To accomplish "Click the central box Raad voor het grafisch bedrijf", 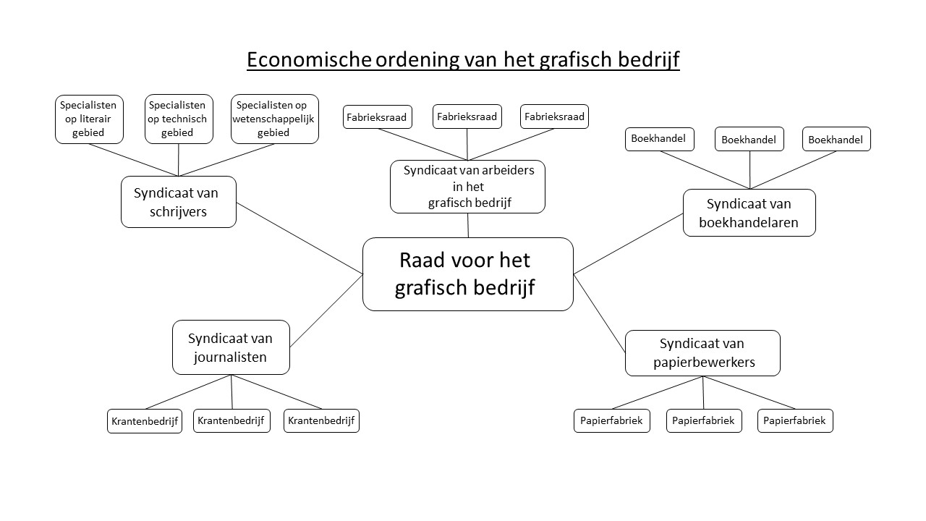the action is click(468, 274).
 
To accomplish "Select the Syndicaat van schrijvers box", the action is click(179, 202).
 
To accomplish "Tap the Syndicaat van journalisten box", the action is click(231, 347).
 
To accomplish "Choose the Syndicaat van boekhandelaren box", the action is click(749, 213).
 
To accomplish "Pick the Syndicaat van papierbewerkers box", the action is click(702, 353).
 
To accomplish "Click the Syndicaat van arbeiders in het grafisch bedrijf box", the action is click(467, 187).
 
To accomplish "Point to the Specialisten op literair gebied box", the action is click(89, 119).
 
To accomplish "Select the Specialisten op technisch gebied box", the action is click(179, 119).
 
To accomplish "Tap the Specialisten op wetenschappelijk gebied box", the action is click(275, 119).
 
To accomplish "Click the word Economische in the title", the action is click(309, 59).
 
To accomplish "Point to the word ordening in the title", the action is click(417, 60).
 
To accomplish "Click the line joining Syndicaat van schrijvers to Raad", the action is click(300, 239).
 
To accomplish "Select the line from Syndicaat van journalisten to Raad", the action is click(326, 310).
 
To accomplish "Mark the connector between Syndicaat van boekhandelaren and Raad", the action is click(629, 244).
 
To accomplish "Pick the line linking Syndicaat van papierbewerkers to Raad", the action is click(600, 313).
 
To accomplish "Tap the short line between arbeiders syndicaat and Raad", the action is click(468, 225).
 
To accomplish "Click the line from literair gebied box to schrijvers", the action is click(134, 160).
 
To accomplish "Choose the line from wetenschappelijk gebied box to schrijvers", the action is click(226, 160).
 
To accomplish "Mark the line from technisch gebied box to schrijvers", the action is click(179, 160).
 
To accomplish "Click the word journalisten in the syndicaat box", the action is click(230, 357).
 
